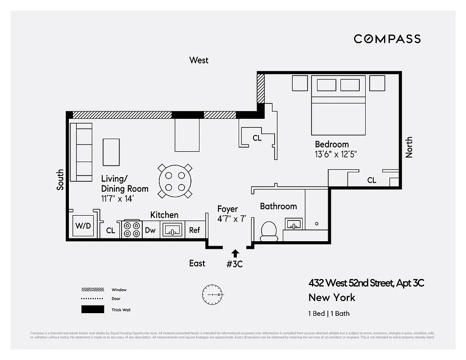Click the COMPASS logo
pos(387,39)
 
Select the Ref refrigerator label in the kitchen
pos(195,230)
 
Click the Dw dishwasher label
pos(150,230)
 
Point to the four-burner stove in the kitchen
pos(131,229)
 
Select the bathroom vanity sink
pos(294,224)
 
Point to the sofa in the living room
pos(81,152)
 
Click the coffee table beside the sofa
pos(111,152)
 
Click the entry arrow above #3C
pos(235,253)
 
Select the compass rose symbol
pos(212,294)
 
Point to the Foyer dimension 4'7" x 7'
pos(231,219)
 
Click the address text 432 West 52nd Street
pos(366,283)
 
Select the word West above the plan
pos(199,60)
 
